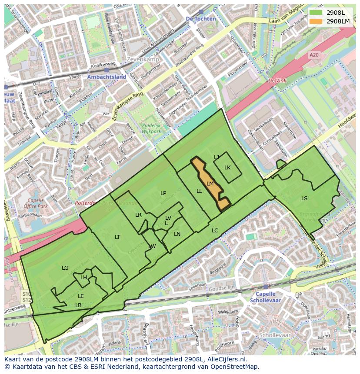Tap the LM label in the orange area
(x=210, y=184)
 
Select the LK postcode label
(x=227, y=168)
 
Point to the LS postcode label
(x=304, y=199)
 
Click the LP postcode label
(x=163, y=193)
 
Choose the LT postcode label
(x=117, y=237)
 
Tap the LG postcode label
(x=65, y=268)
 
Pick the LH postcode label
(x=83, y=278)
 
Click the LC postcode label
(x=215, y=231)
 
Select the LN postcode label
(x=177, y=234)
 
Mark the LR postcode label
(x=138, y=215)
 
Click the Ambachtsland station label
(x=107, y=77)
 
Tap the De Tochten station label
(x=200, y=19)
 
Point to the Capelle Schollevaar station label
(x=266, y=297)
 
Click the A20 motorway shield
(x=313, y=55)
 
